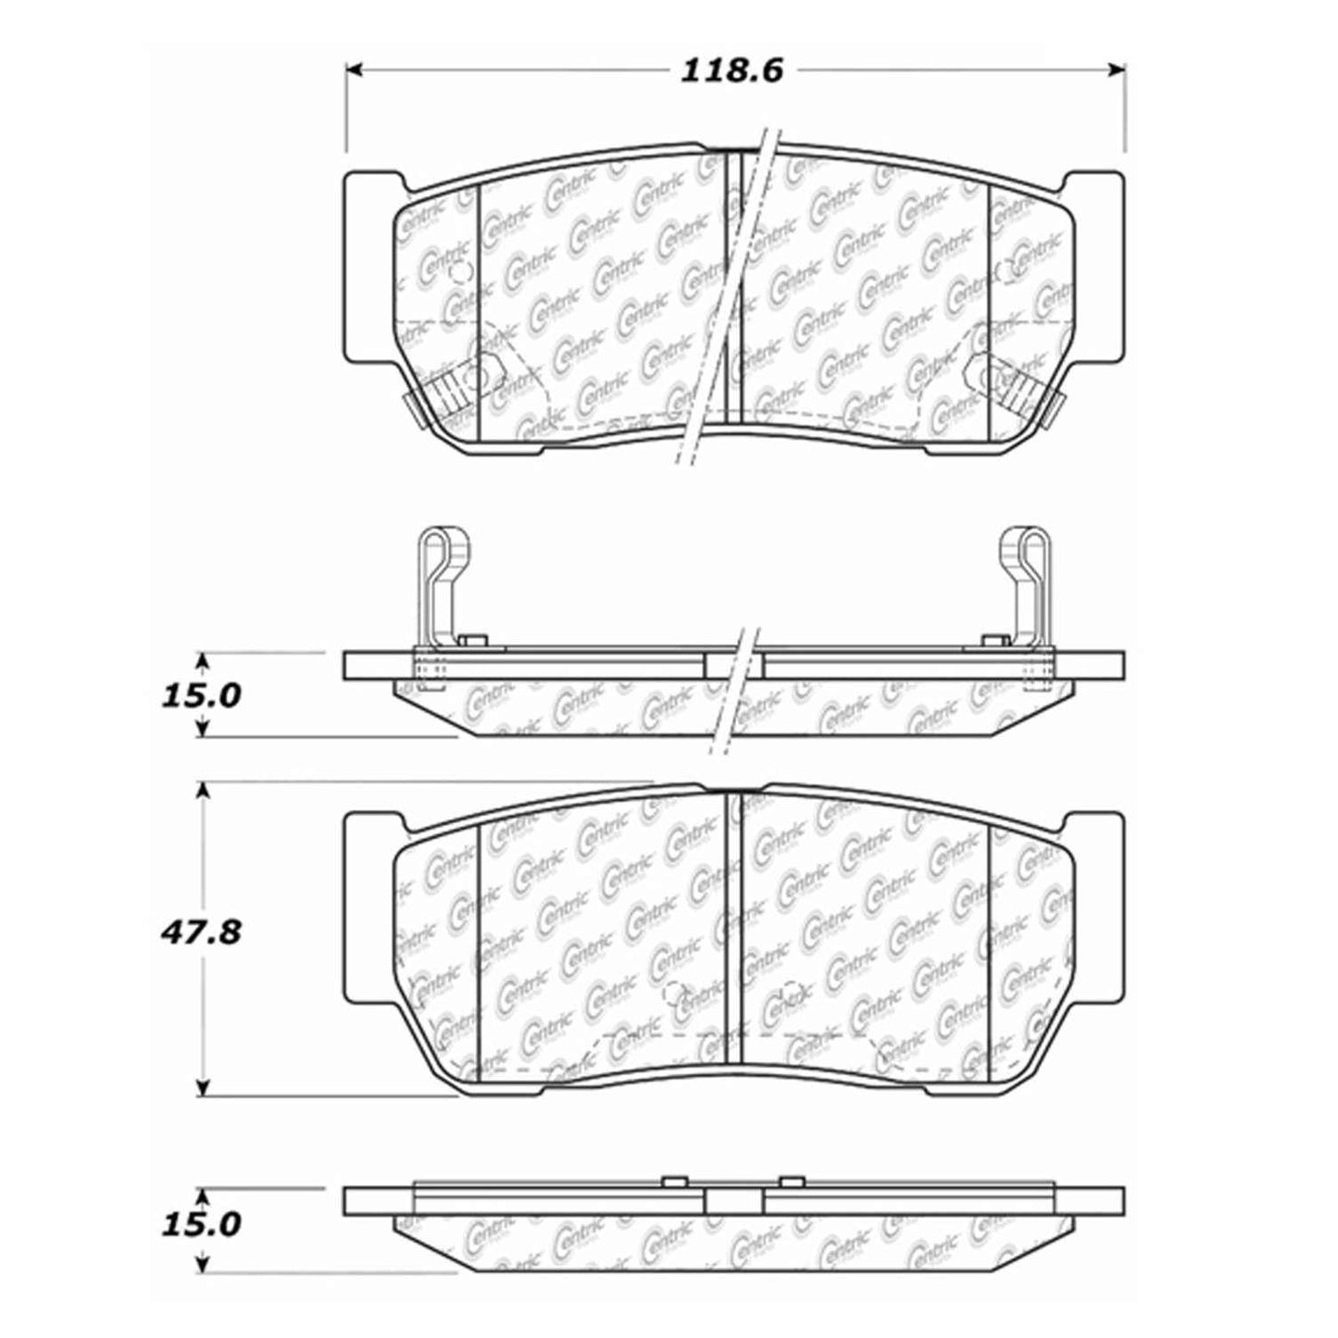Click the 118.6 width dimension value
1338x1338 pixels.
[732, 70]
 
